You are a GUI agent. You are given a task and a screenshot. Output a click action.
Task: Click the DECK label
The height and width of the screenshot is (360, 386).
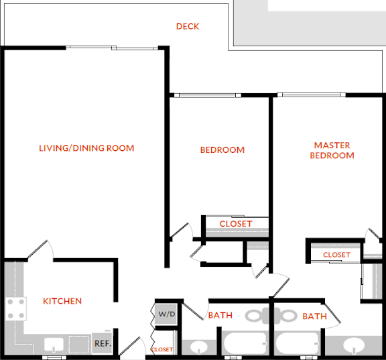(188, 26)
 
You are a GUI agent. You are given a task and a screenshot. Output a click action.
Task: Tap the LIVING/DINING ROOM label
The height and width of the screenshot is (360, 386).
(86, 148)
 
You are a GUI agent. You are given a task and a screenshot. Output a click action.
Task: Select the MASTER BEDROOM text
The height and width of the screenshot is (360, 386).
(332, 150)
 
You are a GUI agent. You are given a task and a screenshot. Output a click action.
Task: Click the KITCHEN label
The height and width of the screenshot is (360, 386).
(62, 301)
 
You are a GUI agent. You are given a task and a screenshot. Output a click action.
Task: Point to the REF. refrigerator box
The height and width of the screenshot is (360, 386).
(102, 343)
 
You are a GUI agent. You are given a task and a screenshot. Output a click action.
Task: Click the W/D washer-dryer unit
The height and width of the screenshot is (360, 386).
(166, 314)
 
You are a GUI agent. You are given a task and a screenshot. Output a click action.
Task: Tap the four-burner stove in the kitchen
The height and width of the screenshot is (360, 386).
(16, 308)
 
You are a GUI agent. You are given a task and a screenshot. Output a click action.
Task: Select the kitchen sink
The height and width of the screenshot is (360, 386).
(54, 345)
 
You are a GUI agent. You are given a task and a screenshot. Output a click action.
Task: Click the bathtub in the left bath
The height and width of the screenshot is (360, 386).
(245, 343)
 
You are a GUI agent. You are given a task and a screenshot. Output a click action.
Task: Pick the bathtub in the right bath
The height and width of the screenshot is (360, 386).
(298, 343)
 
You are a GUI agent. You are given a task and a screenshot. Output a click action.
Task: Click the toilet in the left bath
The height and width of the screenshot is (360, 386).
(257, 316)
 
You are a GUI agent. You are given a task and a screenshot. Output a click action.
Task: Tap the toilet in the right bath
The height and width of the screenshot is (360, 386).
(285, 316)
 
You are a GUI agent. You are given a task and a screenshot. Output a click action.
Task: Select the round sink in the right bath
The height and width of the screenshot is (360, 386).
(354, 345)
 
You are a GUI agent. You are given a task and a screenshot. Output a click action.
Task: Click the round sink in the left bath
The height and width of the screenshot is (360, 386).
(198, 347)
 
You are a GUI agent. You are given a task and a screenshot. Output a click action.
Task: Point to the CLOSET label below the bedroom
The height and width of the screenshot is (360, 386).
(236, 224)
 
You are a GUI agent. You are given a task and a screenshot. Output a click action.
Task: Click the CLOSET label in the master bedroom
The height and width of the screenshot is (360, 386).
(336, 255)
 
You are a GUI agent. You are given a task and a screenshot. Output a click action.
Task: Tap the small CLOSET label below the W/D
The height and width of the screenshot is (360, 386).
(162, 349)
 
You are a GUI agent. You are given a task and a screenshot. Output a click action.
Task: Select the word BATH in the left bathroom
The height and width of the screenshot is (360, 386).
(220, 315)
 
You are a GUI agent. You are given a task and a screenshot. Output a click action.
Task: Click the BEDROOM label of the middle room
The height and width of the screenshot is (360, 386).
(222, 149)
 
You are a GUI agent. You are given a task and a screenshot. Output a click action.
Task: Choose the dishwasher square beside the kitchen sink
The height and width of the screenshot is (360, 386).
(78, 345)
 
